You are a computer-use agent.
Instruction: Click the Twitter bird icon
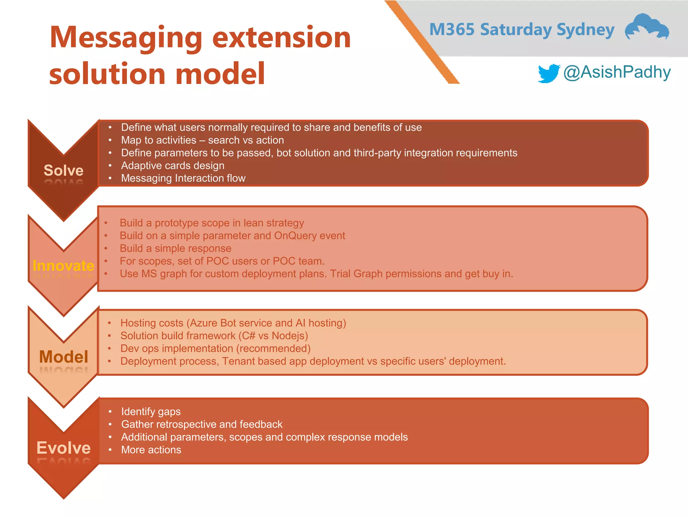click(x=549, y=73)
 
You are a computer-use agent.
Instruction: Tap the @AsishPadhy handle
click(x=617, y=72)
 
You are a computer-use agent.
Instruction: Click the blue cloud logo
click(x=647, y=27)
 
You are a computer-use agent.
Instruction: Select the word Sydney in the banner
click(x=585, y=30)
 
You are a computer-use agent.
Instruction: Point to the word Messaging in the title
click(x=126, y=38)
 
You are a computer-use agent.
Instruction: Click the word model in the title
click(x=220, y=74)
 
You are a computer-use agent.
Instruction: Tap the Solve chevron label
click(x=63, y=170)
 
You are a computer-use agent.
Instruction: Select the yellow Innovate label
click(x=63, y=266)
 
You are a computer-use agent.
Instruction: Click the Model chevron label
click(x=63, y=356)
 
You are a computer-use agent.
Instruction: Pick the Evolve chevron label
click(x=63, y=448)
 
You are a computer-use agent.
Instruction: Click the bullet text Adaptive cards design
click(x=173, y=166)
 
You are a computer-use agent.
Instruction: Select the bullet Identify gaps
click(x=151, y=412)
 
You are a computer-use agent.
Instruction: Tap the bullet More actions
click(x=151, y=450)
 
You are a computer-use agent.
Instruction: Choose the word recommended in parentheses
click(x=273, y=348)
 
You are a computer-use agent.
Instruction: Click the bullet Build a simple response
click(x=175, y=248)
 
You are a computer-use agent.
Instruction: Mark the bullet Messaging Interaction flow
click(x=183, y=178)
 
